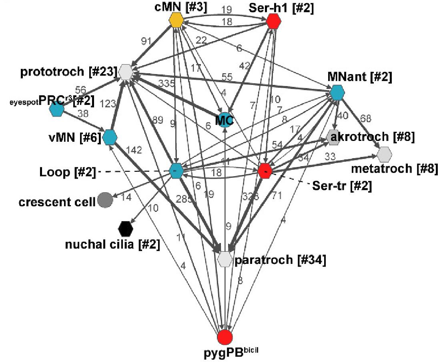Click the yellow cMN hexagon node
(176, 20)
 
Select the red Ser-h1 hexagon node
(273, 21)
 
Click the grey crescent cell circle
(105, 199)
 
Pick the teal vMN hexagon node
(110, 137)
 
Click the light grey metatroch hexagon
(384, 154)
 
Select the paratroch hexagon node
(225, 259)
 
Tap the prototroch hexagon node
(126, 72)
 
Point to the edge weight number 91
(146, 41)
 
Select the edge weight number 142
(134, 150)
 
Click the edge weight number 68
(367, 119)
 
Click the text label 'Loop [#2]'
(67, 173)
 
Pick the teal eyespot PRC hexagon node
(57, 109)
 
